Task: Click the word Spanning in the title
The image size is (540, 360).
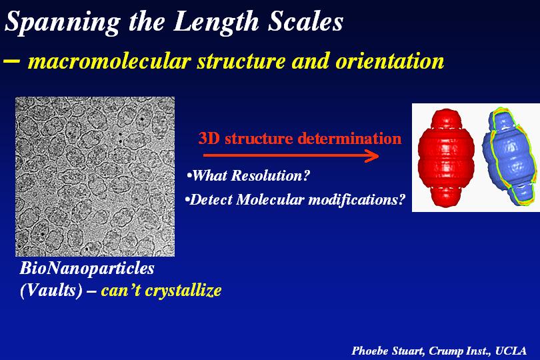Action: pos(63,23)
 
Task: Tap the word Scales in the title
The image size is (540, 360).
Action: pos(305,21)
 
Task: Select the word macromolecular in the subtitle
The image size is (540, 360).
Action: pos(109,61)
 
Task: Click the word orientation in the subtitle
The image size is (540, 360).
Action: pos(389,61)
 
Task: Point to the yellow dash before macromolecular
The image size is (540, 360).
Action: pos(11,61)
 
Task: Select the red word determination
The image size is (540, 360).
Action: pos(349,139)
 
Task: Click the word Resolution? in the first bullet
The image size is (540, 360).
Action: pos(271,176)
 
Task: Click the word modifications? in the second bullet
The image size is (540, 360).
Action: pos(357,200)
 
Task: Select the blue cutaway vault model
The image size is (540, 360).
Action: pos(511,157)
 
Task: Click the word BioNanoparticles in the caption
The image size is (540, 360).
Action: pos(87,269)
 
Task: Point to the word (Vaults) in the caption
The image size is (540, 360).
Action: pos(51,290)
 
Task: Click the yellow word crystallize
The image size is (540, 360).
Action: pos(183,291)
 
